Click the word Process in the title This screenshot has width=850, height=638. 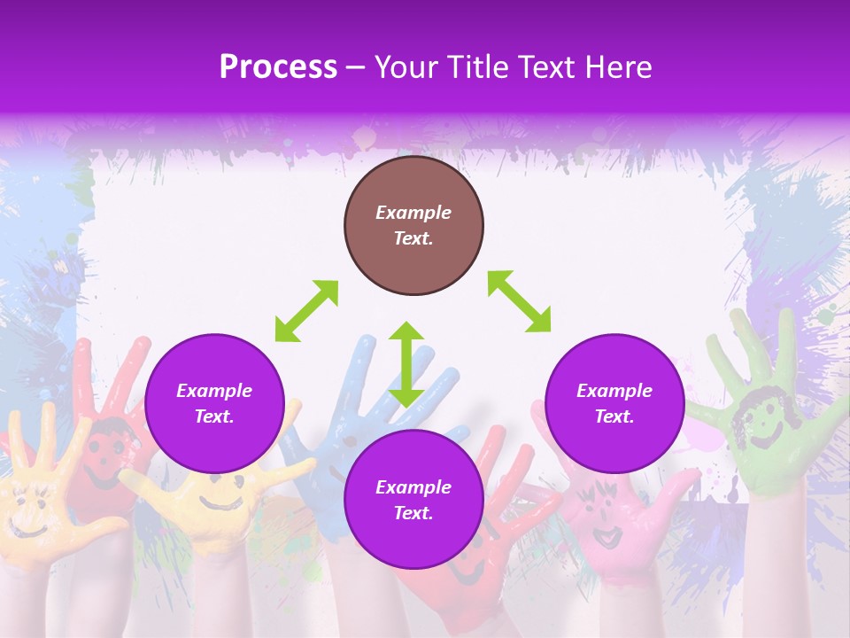point(278,67)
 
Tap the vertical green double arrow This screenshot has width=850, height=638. point(406,364)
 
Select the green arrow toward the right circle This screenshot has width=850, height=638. point(520,301)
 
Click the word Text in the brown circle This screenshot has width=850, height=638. point(413,238)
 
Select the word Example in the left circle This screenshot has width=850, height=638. point(214,391)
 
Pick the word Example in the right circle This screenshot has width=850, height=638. point(614,391)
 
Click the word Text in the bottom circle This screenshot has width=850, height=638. point(413,513)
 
